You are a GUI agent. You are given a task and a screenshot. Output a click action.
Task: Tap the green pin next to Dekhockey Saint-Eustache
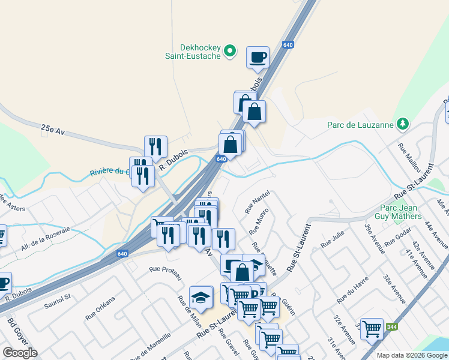[x=229, y=52]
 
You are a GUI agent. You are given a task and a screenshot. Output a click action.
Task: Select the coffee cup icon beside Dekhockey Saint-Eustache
[x=258, y=58]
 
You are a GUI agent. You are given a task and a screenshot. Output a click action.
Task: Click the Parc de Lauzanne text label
[x=360, y=125]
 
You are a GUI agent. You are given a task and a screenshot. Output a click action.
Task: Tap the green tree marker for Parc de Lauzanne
[x=403, y=124]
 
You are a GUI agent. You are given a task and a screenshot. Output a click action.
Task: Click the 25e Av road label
[x=52, y=129]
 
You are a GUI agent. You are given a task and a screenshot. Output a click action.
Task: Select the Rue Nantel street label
[x=255, y=203]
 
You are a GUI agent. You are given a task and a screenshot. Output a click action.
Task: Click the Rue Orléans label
[x=100, y=308]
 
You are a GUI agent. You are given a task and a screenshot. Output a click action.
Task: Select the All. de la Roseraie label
[x=46, y=238]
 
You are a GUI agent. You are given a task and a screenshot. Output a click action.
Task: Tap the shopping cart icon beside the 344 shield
[x=372, y=328]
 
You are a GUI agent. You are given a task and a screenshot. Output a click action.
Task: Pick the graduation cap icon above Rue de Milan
[x=200, y=296]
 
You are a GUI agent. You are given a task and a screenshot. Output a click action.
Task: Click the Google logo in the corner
[x=20, y=352]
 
